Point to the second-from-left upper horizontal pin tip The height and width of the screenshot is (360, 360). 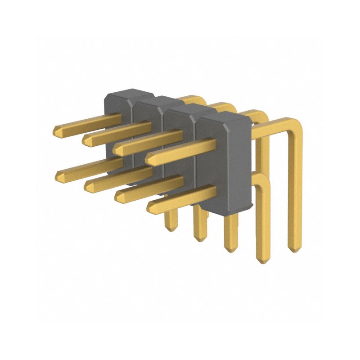click(x=85, y=140)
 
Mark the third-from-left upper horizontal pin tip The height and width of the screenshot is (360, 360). click(x=116, y=148)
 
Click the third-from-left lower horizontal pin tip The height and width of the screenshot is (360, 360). click(x=117, y=194)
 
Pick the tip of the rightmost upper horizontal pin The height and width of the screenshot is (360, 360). click(x=148, y=158)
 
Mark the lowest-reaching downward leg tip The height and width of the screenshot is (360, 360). click(x=262, y=261)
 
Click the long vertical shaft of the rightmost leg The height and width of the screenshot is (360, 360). click(x=294, y=193)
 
